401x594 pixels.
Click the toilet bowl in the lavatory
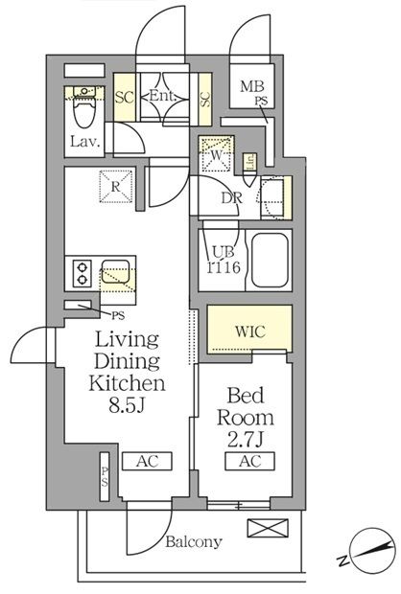tap(84, 113)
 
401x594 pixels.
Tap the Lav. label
tap(83, 144)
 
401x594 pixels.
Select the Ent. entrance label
tap(161, 96)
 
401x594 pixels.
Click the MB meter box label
tap(248, 86)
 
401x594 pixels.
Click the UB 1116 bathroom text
tap(223, 261)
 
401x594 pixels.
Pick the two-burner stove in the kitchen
tap(81, 274)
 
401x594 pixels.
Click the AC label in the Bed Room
tap(245, 461)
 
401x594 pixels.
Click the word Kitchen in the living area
tap(128, 383)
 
